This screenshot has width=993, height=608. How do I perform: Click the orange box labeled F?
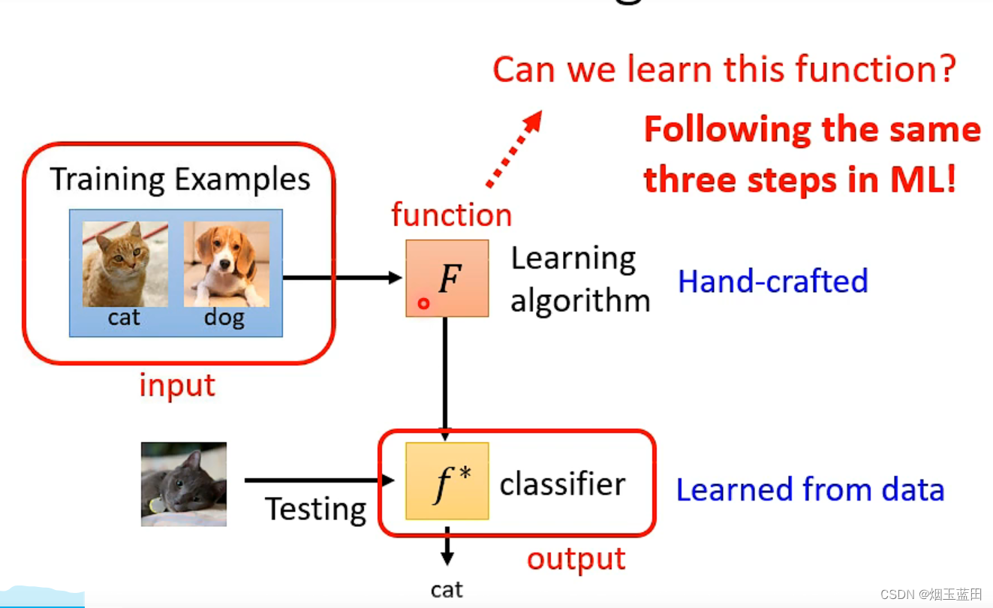tap(447, 278)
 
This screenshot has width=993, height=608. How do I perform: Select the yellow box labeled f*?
tap(447, 481)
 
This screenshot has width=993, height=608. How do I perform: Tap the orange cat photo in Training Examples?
tap(125, 263)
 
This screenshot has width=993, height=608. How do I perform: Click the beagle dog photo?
tap(227, 263)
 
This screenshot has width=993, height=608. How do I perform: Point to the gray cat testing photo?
tap(184, 483)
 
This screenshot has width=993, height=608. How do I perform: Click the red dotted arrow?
tap(514, 149)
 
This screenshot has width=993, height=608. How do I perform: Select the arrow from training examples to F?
tap(342, 278)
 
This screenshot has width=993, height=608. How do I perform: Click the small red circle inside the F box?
tap(423, 303)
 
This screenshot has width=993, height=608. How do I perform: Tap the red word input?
tap(177, 386)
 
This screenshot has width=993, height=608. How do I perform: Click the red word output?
tap(576, 559)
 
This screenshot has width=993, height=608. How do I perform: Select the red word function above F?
tap(451, 215)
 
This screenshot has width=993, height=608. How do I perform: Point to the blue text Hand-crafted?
tap(773, 281)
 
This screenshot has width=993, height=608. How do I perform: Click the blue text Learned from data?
tap(810, 489)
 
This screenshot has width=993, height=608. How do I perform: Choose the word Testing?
tap(316, 510)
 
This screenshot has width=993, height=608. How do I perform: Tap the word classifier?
tap(562, 484)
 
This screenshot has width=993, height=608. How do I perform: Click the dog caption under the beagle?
tap(224, 318)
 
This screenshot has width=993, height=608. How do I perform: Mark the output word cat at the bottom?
tap(447, 590)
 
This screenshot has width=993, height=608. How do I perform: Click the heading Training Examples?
tap(180, 180)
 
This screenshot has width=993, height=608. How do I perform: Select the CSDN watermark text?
tap(931, 594)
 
